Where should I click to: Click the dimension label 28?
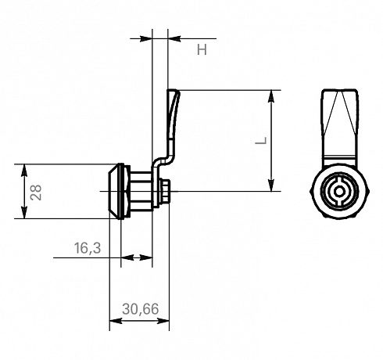tap(36, 193)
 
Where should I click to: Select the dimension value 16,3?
tap(88, 248)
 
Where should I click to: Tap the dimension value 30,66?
tap(140, 309)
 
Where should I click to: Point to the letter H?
tap(202, 49)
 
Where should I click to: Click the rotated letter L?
tap(261, 140)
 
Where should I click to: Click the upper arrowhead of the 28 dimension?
tap(24, 171)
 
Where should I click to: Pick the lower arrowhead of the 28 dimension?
tap(24, 212)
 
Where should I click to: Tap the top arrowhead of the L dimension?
tap(271, 96)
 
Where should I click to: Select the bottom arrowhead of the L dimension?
tap(271, 185)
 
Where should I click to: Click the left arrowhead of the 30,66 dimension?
tap(116, 321)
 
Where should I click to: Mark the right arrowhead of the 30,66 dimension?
tap(163, 321)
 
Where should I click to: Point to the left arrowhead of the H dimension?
tap(146, 38)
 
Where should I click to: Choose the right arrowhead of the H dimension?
tap(174, 38)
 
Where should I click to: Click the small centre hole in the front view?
tap(339, 192)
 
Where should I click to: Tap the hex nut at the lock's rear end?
tap(165, 191)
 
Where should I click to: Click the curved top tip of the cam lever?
tap(173, 91)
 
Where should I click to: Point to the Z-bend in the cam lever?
tap(163, 161)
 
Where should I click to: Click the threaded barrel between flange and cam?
tap(141, 191)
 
